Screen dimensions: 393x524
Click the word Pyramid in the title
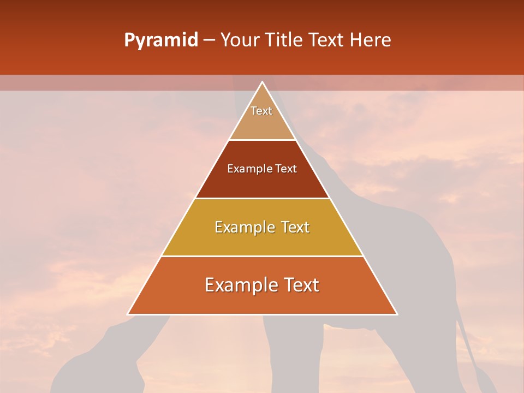[x=161, y=40]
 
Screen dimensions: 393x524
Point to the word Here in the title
[x=370, y=40]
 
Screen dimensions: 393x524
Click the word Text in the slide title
[x=326, y=40]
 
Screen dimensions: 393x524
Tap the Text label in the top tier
[x=261, y=111]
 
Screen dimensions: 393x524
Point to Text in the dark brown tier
[x=286, y=169]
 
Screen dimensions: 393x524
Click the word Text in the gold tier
[x=295, y=227]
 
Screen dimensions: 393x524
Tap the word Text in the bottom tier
[x=302, y=285]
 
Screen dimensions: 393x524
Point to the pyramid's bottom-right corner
[x=396, y=314]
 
